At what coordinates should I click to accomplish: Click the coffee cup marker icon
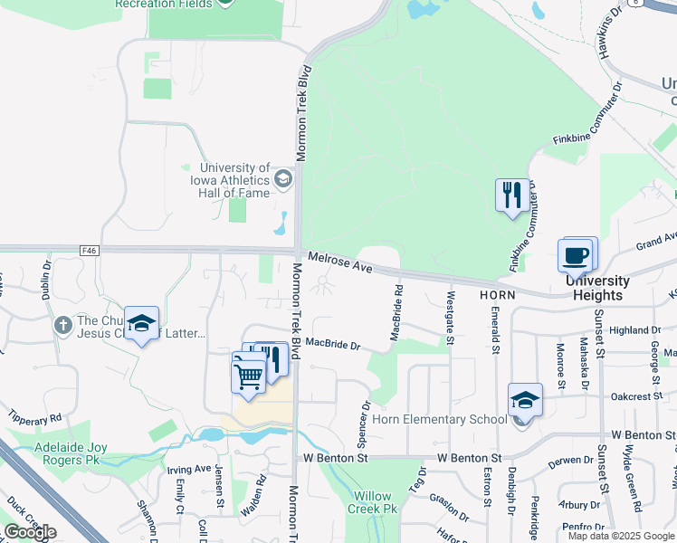(x=575, y=254)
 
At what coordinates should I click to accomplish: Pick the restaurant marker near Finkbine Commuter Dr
(x=511, y=194)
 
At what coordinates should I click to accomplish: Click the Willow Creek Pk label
(x=372, y=502)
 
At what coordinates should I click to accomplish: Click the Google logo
(x=30, y=532)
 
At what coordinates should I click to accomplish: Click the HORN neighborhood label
(x=497, y=295)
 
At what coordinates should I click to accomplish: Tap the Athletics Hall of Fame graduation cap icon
(x=283, y=178)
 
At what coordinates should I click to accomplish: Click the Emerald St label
(x=495, y=329)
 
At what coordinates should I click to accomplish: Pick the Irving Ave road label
(x=189, y=470)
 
